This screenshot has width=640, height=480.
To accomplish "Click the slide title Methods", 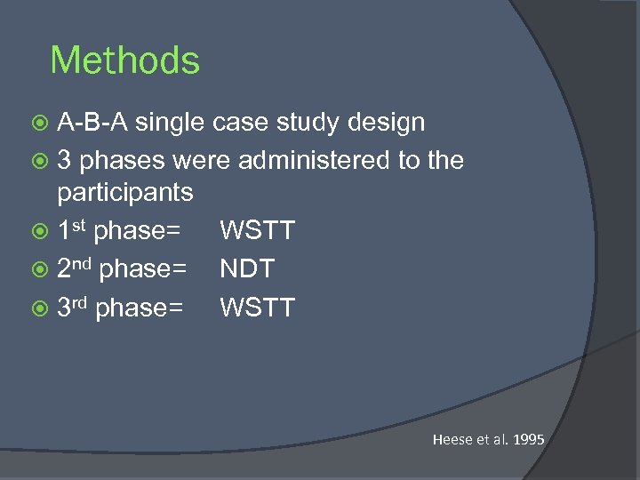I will [x=124, y=60].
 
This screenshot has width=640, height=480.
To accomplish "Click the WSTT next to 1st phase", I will [x=257, y=231].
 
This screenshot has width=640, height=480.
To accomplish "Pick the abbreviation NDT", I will [x=247, y=268].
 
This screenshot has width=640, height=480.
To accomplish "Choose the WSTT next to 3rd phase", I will [x=257, y=308].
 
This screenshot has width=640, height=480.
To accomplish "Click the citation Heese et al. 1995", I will [x=488, y=439].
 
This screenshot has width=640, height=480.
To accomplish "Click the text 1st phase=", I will [x=119, y=231].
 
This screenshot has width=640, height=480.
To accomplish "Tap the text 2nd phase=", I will [x=122, y=268].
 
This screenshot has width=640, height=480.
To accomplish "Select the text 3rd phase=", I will [x=120, y=308].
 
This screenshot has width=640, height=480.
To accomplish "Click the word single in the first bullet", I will [x=172, y=123].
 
